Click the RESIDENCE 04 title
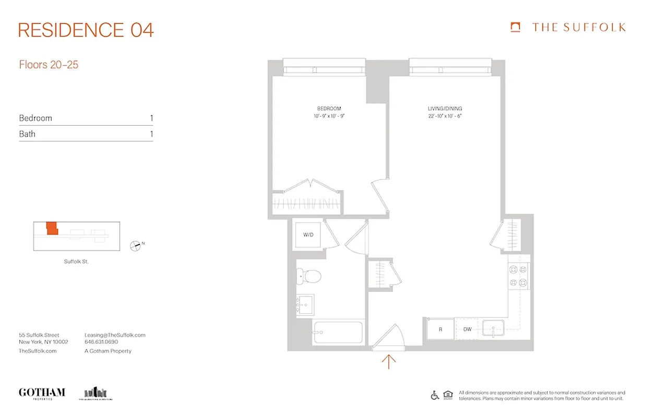(x=86, y=30)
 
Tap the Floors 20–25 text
(x=49, y=65)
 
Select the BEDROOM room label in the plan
(x=329, y=109)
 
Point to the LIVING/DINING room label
(x=445, y=109)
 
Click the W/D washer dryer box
(x=308, y=235)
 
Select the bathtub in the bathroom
(x=338, y=332)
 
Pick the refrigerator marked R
(x=440, y=329)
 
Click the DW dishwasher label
(x=467, y=329)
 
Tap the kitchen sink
(x=493, y=329)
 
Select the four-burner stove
(x=518, y=276)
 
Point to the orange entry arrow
(x=389, y=361)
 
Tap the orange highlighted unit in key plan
(x=52, y=228)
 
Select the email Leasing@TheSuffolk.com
(x=115, y=335)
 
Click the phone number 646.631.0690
(x=101, y=342)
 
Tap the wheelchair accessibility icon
(x=435, y=395)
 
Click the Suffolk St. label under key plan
(x=76, y=262)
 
